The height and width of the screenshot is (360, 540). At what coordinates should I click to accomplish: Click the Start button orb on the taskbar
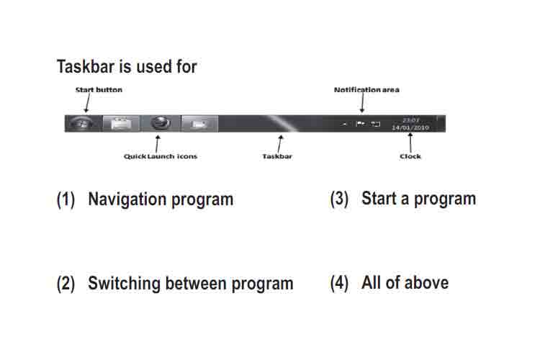click(81, 123)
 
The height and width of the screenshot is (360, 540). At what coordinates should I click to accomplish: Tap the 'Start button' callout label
click(99, 90)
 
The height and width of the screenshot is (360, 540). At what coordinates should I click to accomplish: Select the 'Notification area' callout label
click(366, 90)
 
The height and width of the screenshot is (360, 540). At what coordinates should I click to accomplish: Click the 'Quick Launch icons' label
click(161, 156)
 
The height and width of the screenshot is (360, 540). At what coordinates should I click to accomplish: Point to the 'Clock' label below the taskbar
click(410, 156)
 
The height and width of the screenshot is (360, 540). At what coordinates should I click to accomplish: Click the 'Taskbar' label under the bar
click(277, 156)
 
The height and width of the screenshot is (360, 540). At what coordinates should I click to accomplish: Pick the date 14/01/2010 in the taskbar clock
click(410, 127)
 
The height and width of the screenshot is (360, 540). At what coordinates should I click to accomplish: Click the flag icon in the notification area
click(360, 123)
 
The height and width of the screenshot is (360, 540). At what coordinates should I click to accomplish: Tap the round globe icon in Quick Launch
click(161, 123)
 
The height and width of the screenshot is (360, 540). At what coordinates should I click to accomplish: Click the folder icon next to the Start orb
click(121, 124)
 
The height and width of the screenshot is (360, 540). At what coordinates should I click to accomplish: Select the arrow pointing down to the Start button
click(87, 103)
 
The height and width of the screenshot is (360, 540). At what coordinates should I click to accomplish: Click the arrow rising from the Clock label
click(410, 143)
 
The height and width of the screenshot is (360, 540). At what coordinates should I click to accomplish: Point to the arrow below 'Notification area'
click(362, 103)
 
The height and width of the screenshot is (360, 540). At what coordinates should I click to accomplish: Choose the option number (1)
click(66, 199)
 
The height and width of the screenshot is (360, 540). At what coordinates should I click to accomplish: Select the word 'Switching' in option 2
click(124, 284)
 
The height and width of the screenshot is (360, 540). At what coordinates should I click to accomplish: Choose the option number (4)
click(339, 283)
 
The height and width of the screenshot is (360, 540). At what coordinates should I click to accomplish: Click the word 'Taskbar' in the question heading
click(86, 66)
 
